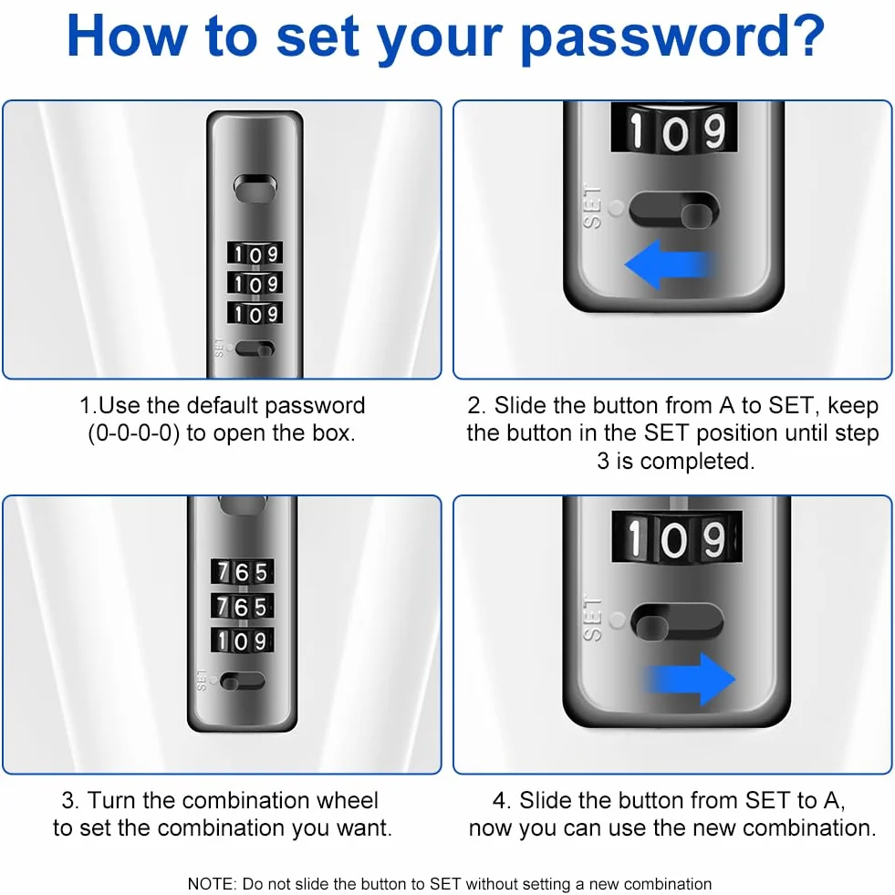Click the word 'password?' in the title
point(673,38)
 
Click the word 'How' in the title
point(127,36)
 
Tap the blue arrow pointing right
point(690,680)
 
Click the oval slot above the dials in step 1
point(255,188)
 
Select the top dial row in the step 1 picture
point(255,254)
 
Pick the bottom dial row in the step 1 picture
point(255,313)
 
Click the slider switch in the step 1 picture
point(255,349)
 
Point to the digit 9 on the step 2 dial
point(713,130)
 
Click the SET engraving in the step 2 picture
point(592,206)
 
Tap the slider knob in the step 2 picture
point(697,217)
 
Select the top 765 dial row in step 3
point(243,572)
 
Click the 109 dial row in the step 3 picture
point(243,641)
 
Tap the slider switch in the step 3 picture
point(243,681)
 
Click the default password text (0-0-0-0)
point(134,433)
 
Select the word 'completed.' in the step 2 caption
point(697,462)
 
